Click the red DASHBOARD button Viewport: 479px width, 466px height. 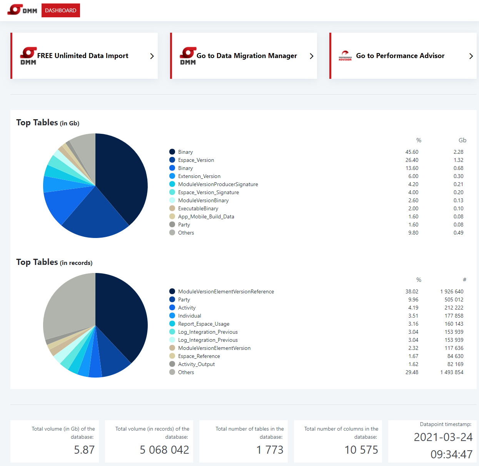click(60, 10)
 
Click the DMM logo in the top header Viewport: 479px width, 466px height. click(22, 10)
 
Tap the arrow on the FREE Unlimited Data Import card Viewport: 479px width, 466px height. click(152, 56)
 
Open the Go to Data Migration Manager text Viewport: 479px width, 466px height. click(247, 56)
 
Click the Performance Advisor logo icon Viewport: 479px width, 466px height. click(345, 56)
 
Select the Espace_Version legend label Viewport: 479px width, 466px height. click(196, 160)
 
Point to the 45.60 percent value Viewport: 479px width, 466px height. click(412, 152)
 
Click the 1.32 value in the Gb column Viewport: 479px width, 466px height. click(458, 160)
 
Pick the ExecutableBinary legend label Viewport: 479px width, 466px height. click(198, 208)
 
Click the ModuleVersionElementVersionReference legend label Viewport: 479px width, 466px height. click(226, 291)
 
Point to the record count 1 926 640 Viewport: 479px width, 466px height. click(452, 291)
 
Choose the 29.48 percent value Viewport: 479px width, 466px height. click(412, 372)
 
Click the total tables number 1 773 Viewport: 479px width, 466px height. click(270, 450)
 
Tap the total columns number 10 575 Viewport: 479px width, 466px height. click(361, 450)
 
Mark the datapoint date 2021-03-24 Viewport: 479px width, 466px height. click(443, 437)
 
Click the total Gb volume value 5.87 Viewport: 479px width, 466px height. click(84, 450)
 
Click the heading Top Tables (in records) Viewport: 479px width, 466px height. click(54, 262)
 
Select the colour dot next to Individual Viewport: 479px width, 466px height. click(172, 316)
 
